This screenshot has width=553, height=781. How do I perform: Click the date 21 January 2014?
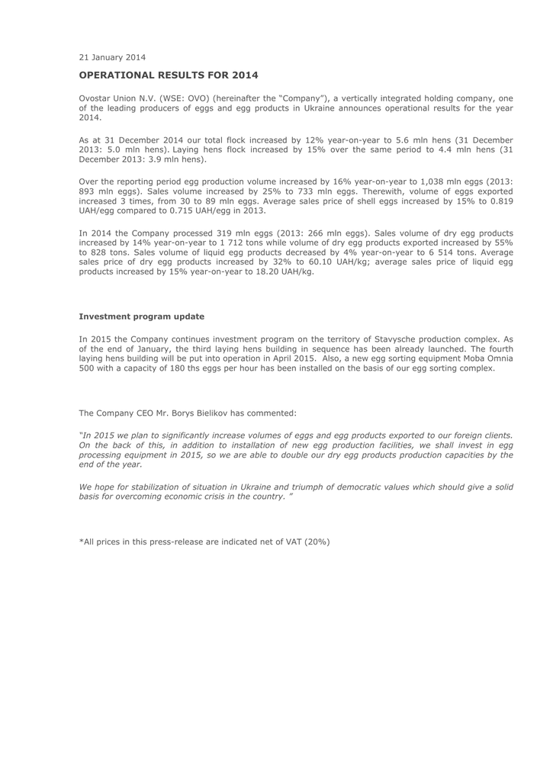[x=112, y=56]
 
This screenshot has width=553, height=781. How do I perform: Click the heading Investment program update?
[x=142, y=316]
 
